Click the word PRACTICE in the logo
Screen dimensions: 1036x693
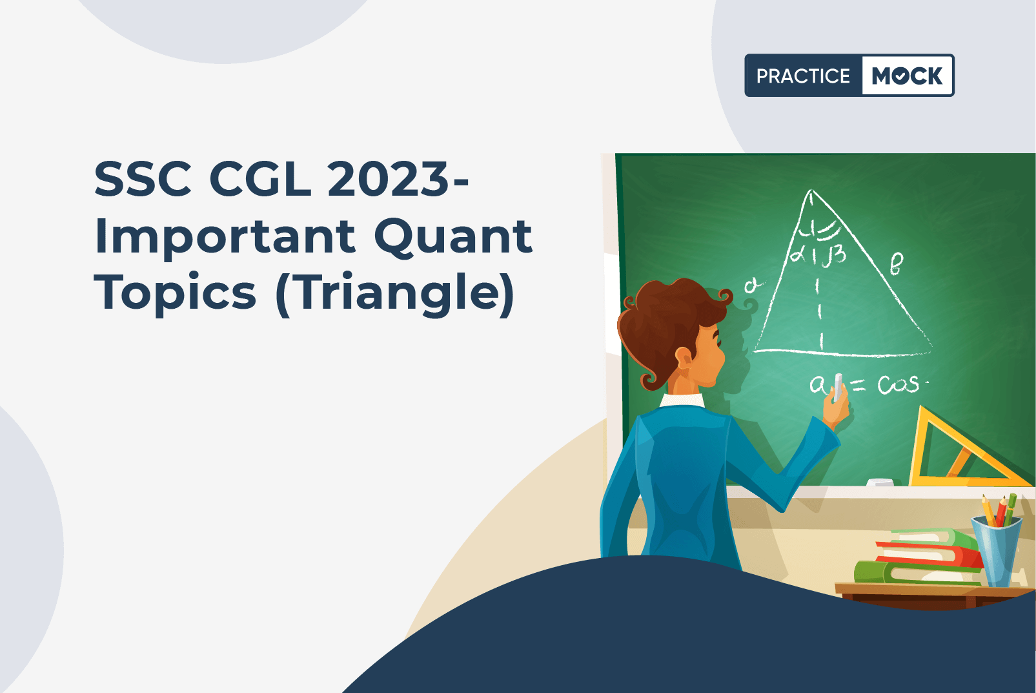pyautogui.click(x=803, y=76)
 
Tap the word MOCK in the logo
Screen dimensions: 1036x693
pyautogui.click(x=907, y=76)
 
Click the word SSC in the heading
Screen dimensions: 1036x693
pyautogui.click(x=143, y=178)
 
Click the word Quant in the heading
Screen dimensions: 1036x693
pyautogui.click(x=453, y=237)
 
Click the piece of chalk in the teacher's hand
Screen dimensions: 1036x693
pyautogui.click(x=838, y=388)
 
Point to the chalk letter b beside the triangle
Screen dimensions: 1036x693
pyautogui.click(x=896, y=264)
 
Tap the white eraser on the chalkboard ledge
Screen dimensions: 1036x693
pyautogui.click(x=880, y=482)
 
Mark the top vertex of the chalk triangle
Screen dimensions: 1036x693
pyautogui.click(x=811, y=190)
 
